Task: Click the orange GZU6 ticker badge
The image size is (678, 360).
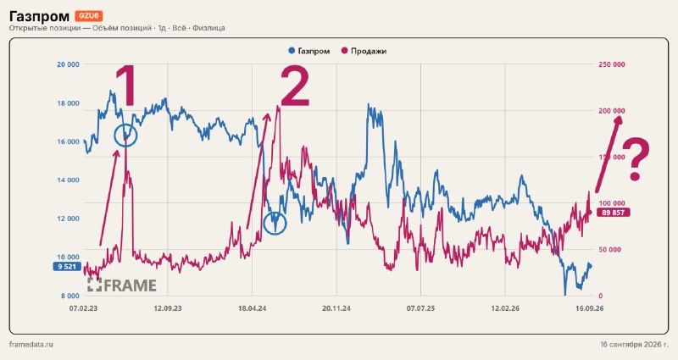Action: click(x=89, y=16)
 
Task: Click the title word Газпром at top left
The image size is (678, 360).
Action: click(x=39, y=16)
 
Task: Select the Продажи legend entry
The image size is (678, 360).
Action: click(x=364, y=51)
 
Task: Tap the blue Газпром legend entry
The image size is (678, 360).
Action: click(x=309, y=51)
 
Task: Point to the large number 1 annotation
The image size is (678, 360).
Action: click(x=125, y=86)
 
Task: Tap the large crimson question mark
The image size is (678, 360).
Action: click(x=636, y=159)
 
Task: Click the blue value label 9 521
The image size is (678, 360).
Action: click(x=67, y=267)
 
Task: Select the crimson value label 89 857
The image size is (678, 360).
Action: click(x=613, y=213)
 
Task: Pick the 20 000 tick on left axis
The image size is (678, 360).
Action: click(x=69, y=64)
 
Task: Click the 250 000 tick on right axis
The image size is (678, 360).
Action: click(x=612, y=64)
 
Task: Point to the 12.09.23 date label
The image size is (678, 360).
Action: click(x=168, y=308)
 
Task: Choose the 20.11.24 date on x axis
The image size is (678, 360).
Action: click(x=336, y=308)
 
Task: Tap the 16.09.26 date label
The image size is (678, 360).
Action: click(x=589, y=308)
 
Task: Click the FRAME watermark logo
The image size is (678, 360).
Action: click(x=122, y=285)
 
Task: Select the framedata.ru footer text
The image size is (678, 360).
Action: click(x=31, y=345)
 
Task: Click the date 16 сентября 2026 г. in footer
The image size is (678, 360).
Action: click(x=634, y=345)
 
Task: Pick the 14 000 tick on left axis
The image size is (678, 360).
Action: click(x=69, y=180)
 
